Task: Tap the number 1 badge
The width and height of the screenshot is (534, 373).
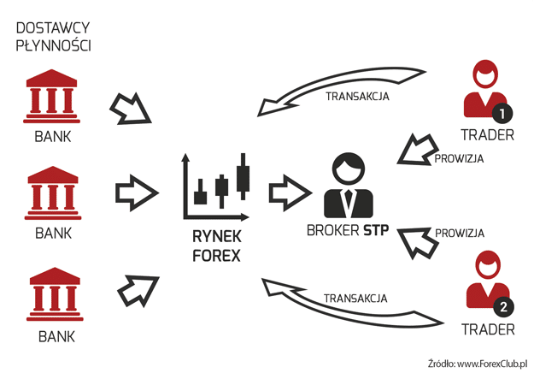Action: tap(502, 111)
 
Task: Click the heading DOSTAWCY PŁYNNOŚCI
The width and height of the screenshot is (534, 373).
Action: tap(55, 36)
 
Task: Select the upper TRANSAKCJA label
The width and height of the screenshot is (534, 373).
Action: tap(357, 96)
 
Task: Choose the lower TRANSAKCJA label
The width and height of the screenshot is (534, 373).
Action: tap(355, 299)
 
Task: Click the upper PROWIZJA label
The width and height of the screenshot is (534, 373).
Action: tap(460, 158)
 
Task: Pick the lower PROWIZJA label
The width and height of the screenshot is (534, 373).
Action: tap(460, 233)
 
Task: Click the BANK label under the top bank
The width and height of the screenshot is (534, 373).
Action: tap(52, 135)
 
